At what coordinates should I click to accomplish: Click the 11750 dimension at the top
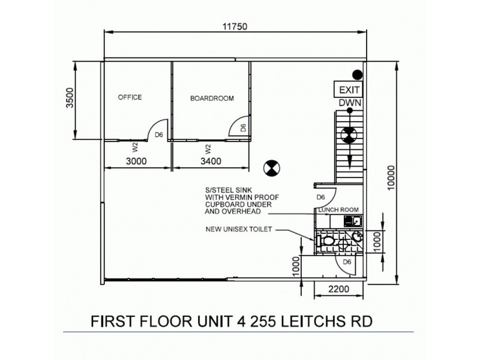[x=235, y=26]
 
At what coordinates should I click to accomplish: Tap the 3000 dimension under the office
[x=137, y=161]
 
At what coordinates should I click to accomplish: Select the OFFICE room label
[x=130, y=97]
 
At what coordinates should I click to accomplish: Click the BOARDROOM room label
[x=212, y=98]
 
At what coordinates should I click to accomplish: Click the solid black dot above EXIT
[x=357, y=75]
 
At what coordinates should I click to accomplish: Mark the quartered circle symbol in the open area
[x=271, y=169]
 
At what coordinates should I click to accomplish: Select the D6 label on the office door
[x=159, y=135]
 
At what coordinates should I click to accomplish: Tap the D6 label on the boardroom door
[x=242, y=128]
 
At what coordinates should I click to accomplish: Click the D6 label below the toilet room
[x=346, y=262]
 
